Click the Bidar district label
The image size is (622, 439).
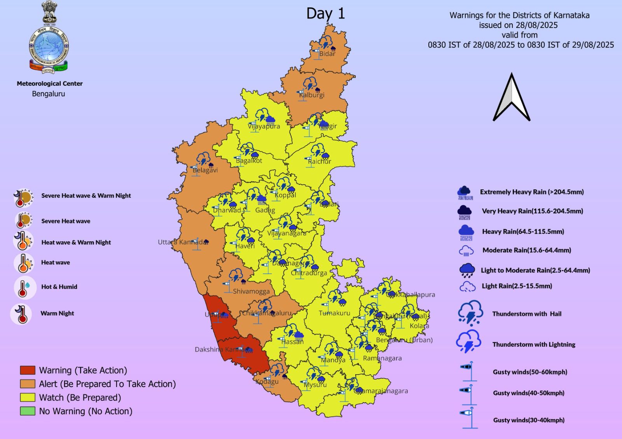pos(327,54)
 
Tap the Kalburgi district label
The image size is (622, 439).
pos(312,95)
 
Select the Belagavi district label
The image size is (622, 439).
pos(205,170)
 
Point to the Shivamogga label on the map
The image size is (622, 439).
pos(251,291)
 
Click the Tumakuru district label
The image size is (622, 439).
pos(334,313)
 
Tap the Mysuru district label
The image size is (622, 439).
pos(315,385)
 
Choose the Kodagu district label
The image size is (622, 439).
pos(267,381)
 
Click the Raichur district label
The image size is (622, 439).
pos(320,161)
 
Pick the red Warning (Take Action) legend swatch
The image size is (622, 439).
pos(28,370)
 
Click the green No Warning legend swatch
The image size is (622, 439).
pos(28,411)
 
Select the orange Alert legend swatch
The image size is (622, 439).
pos(28,384)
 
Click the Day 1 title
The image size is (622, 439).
pos(325,14)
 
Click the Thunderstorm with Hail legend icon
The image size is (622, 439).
pos(470,313)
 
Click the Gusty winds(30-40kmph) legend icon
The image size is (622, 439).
pos(469,417)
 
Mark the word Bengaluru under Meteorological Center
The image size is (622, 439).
pos(49,94)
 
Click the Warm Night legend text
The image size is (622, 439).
pos(57,313)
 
